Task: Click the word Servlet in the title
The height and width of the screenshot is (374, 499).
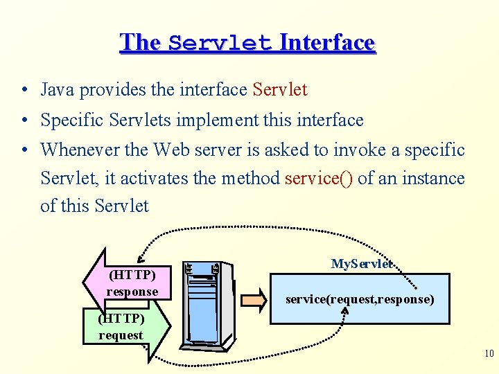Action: [220, 43]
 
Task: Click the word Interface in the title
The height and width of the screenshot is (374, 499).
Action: [326, 43]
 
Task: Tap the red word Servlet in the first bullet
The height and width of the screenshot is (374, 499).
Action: [280, 89]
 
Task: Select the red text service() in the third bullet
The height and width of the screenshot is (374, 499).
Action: [319, 178]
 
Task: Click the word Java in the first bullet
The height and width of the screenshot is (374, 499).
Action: [58, 89]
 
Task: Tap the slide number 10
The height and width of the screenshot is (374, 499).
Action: [489, 354]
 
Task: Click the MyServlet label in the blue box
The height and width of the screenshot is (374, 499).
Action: [362, 264]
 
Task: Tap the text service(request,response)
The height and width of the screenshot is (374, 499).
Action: [360, 299]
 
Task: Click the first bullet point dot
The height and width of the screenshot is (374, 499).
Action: [25, 90]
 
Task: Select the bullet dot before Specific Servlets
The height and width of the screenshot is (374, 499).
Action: [25, 121]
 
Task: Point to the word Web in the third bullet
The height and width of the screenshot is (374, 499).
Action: [170, 150]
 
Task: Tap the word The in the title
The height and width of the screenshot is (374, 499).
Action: [140, 43]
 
